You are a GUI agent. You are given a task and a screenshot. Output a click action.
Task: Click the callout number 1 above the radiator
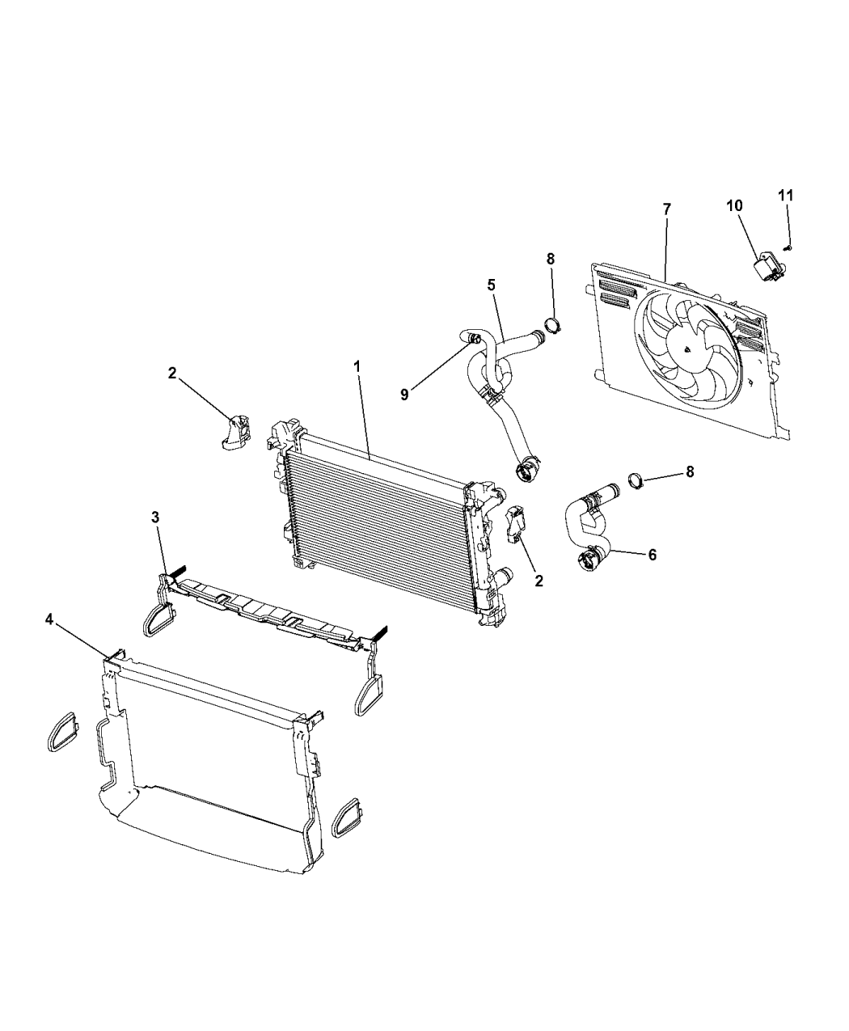pyautogui.click(x=356, y=366)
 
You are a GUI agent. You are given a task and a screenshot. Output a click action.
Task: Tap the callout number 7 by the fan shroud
pyautogui.click(x=666, y=209)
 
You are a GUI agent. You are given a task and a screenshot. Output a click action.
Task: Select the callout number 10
pyautogui.click(x=734, y=205)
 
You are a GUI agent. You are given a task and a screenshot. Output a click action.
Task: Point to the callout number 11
pyautogui.click(x=786, y=195)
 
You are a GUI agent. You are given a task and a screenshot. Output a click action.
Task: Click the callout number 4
pyautogui.click(x=49, y=619)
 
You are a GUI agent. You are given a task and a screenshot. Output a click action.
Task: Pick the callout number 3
pyautogui.click(x=155, y=518)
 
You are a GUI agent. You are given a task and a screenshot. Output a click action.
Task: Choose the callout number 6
pyautogui.click(x=652, y=555)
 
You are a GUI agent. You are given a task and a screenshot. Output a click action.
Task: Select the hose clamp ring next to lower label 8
pyautogui.click(x=636, y=484)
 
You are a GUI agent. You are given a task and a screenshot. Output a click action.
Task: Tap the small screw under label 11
pyautogui.click(x=789, y=248)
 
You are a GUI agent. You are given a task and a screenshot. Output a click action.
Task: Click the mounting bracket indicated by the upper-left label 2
pyautogui.click(x=236, y=430)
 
